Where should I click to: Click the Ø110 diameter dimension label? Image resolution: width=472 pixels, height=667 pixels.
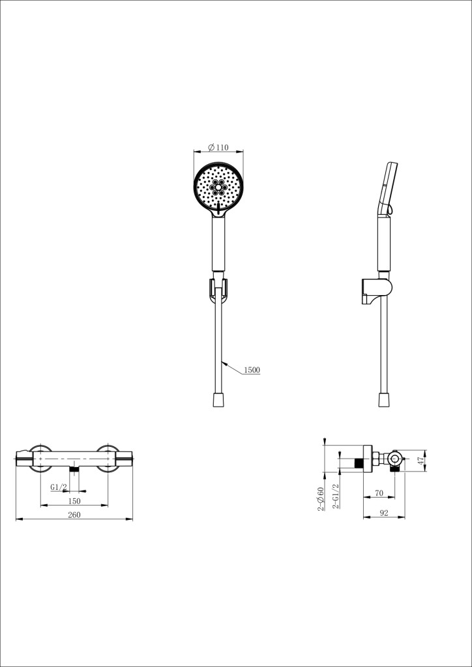218,147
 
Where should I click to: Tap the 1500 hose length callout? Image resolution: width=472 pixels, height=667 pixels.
252,370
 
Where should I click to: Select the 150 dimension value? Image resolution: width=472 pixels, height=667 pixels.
74,500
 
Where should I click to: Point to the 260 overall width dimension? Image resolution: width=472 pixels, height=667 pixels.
74,515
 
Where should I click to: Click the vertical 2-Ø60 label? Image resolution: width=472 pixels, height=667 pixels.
321,498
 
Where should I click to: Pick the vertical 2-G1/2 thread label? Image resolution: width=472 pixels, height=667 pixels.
335,496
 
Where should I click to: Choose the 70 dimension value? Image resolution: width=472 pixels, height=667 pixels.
379,494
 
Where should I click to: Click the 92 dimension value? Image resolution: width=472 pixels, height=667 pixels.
384,513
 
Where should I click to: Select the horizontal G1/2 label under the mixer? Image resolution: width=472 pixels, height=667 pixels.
59,487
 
